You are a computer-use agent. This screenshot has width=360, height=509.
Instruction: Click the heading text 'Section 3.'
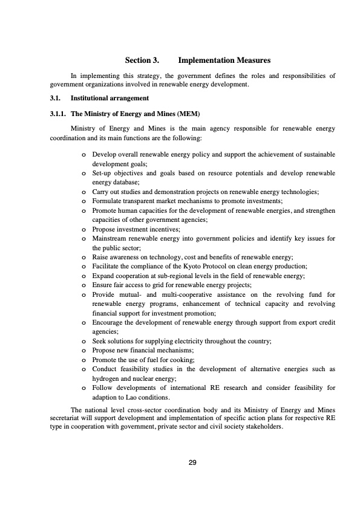[142, 60]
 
